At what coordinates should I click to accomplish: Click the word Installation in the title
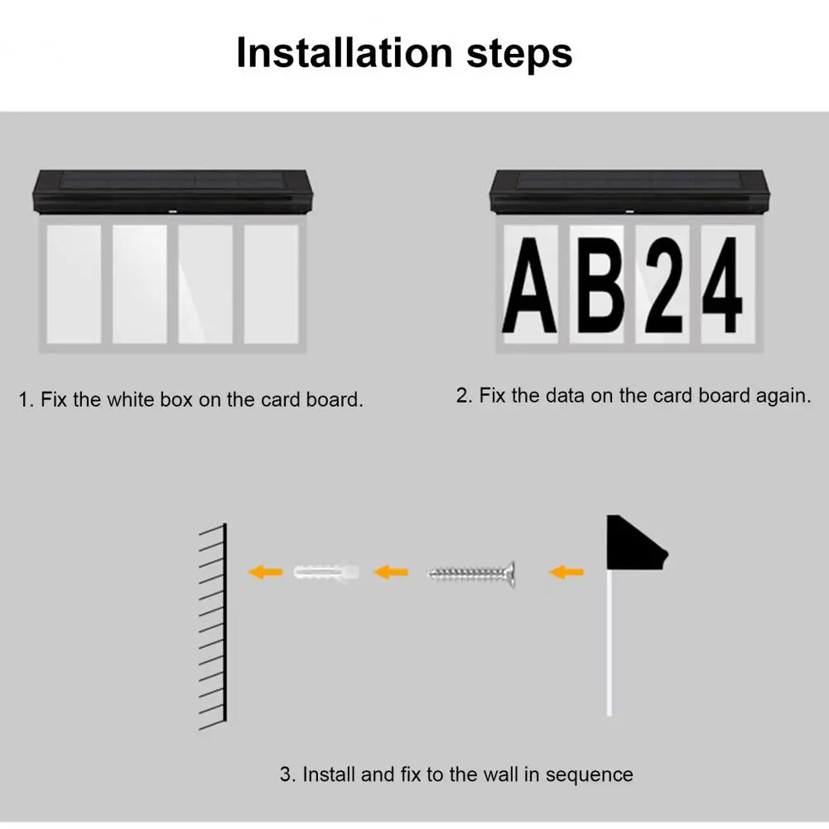[345, 53]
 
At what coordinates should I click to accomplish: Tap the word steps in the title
[519, 55]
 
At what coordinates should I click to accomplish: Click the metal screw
[471, 573]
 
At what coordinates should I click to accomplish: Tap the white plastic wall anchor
[326, 572]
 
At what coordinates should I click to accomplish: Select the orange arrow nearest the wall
[265, 571]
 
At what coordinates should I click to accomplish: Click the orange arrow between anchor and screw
[391, 571]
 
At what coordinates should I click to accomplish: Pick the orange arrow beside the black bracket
[566, 571]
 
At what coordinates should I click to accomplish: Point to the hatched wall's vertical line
[224, 622]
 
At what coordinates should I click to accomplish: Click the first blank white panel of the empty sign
[74, 284]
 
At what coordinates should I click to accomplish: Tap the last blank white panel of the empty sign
[271, 284]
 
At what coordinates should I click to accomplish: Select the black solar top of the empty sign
[172, 191]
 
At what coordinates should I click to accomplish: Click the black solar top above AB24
[629, 191]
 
